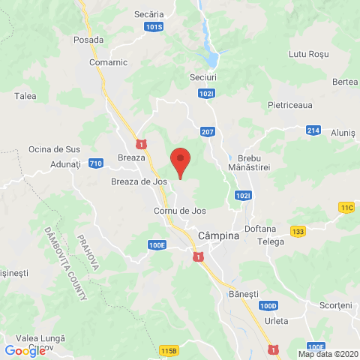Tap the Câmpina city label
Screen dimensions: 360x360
[218, 236]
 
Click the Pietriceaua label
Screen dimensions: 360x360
[289, 106]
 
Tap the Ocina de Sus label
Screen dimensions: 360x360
[54, 149]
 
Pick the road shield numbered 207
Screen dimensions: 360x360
[208, 132]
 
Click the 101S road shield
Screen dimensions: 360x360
[154, 26]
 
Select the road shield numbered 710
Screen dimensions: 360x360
[95, 163]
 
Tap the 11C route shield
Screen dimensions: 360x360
[346, 207]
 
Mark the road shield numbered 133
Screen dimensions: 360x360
[298, 231]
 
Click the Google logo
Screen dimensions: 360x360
[25, 350]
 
